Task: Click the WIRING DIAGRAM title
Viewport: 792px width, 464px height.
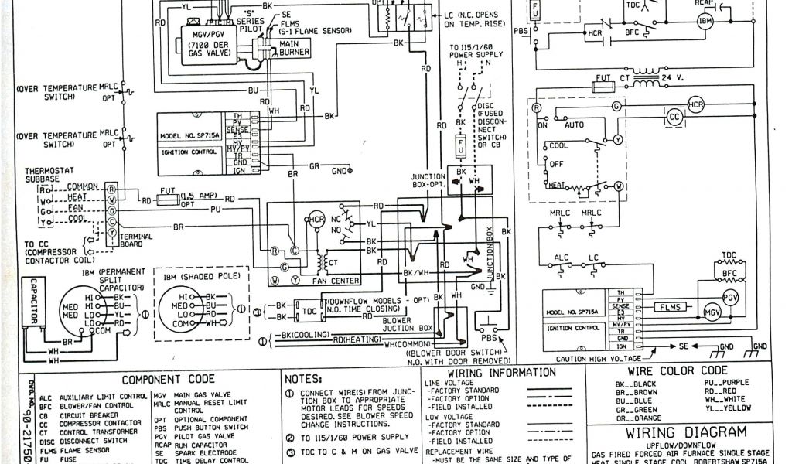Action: pyautogui.click(x=686, y=432)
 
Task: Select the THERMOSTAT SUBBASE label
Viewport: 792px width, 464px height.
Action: pyautogui.click(x=51, y=175)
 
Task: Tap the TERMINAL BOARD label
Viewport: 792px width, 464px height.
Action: pyautogui.click(x=135, y=240)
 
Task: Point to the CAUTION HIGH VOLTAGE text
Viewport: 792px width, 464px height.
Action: pyautogui.click(x=594, y=359)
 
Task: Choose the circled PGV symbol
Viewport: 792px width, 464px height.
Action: pyautogui.click(x=730, y=297)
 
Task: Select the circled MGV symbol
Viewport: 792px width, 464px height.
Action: pyautogui.click(x=711, y=313)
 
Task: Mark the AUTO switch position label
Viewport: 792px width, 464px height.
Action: pyautogui.click(x=575, y=124)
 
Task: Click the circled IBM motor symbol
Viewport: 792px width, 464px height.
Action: pyautogui.click(x=705, y=21)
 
